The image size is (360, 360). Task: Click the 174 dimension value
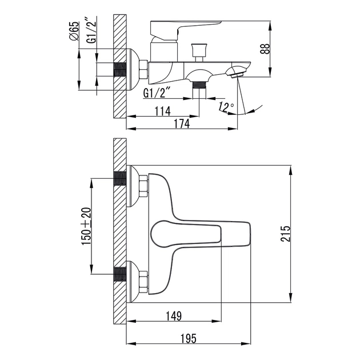click(182, 123)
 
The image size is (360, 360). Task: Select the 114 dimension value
click(162, 111)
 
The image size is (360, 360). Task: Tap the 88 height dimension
click(265, 49)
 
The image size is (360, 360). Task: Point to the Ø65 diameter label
click(74, 31)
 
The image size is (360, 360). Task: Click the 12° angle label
click(226, 106)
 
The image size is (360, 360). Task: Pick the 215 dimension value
click(285, 234)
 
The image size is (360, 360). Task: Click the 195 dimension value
click(188, 338)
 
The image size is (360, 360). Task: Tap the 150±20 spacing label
click(86, 226)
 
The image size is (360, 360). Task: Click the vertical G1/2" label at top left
click(92, 30)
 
